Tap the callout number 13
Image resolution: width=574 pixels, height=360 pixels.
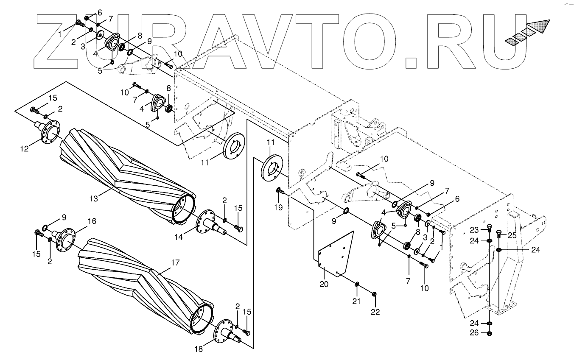94,198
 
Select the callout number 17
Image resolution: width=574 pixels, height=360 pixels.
176,262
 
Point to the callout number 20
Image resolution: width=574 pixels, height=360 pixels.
324,284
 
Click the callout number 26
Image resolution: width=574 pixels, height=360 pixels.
474,333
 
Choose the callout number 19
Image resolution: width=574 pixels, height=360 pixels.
278,208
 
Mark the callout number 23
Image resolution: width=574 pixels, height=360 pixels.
474,230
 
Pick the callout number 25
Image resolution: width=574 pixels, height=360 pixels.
512,235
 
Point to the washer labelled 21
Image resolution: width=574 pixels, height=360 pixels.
357,284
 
